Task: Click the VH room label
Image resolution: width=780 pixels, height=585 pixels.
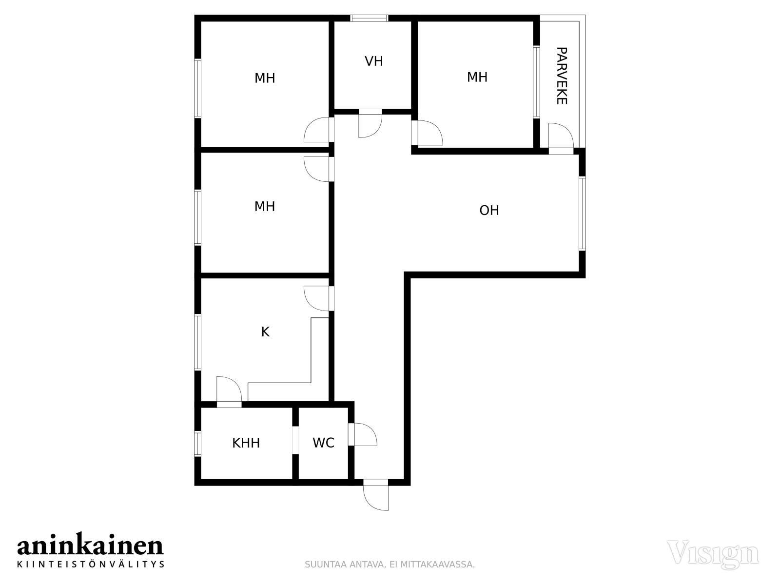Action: (x=373, y=61)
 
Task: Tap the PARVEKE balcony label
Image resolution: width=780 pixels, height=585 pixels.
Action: (x=562, y=76)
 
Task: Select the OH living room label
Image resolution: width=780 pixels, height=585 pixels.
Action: (x=489, y=210)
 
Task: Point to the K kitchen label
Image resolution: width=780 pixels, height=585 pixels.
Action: (x=265, y=332)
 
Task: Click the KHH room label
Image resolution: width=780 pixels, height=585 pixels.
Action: (x=246, y=443)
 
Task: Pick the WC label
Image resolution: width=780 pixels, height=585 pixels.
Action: (x=323, y=443)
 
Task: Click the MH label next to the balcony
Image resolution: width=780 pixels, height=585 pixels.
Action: (x=477, y=77)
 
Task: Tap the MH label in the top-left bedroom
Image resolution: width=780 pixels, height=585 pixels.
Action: (x=265, y=78)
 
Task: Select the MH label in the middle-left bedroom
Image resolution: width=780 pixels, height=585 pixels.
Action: (x=265, y=206)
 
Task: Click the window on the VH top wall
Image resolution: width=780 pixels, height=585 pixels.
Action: (x=369, y=18)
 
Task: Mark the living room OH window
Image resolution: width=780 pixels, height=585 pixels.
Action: (x=582, y=214)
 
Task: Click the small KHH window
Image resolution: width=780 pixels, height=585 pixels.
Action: (x=197, y=443)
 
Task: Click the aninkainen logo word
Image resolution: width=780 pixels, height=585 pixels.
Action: (x=90, y=547)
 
